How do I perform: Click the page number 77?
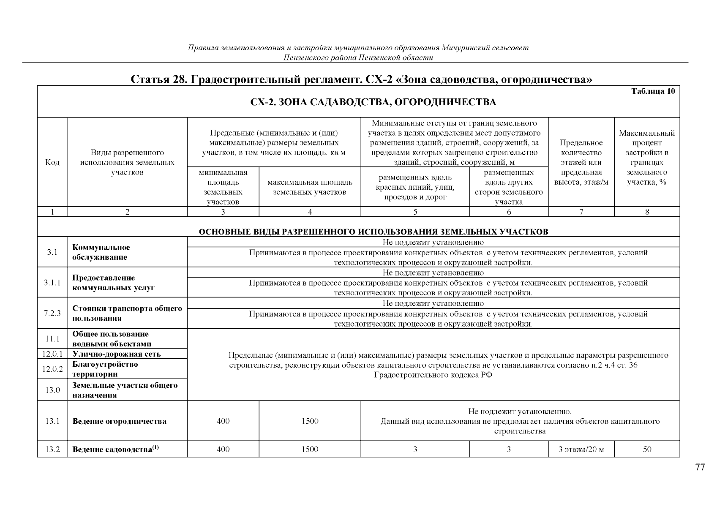point(700,467)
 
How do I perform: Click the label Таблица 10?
point(653,91)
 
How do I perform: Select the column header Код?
point(52,163)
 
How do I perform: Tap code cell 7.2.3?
point(52,313)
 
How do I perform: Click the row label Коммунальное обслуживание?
point(101,252)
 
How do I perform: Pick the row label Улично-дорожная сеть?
point(117,354)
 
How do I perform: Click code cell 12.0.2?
point(52,369)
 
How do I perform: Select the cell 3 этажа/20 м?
point(581,450)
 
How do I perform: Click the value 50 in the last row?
point(647,450)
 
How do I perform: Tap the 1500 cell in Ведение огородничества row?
point(310,421)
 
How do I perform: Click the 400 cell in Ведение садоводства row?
point(223,450)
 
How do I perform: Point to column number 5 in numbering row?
point(415,212)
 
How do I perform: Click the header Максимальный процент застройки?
point(647,158)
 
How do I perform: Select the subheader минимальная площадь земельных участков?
point(223,187)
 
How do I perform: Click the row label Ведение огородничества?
point(120,421)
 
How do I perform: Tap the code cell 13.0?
point(52,390)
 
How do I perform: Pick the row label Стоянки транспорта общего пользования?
point(127,313)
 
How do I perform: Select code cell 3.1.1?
point(52,282)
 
